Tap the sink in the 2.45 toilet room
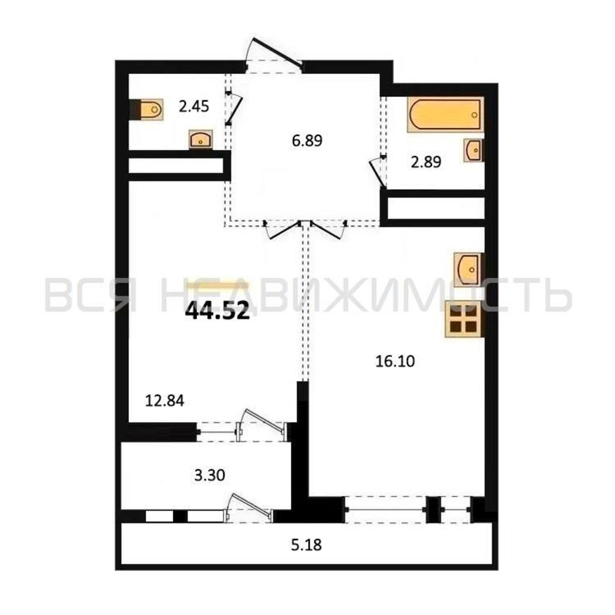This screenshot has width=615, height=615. (x=200, y=139)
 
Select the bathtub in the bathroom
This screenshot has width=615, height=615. (x=445, y=114)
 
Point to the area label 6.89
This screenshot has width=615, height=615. (x=307, y=141)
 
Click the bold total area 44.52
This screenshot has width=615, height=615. (x=217, y=311)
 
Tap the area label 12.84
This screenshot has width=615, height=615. (x=165, y=401)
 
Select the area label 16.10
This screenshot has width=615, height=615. (x=395, y=362)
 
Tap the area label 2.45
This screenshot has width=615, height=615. (x=194, y=106)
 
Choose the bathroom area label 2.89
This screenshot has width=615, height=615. (x=426, y=162)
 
